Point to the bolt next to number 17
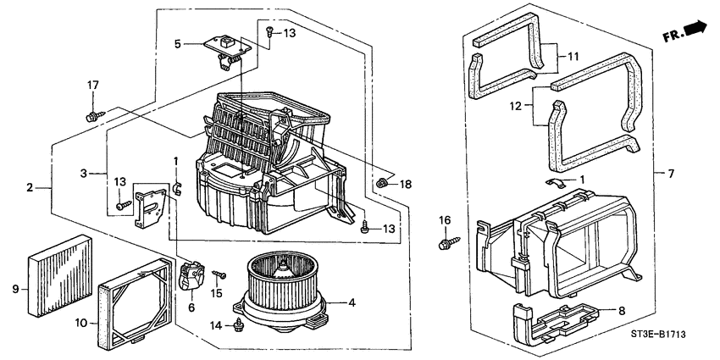coord(91,114)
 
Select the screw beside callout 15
coord(220,274)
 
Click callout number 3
coord(83,173)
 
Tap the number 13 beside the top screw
coord(290,33)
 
